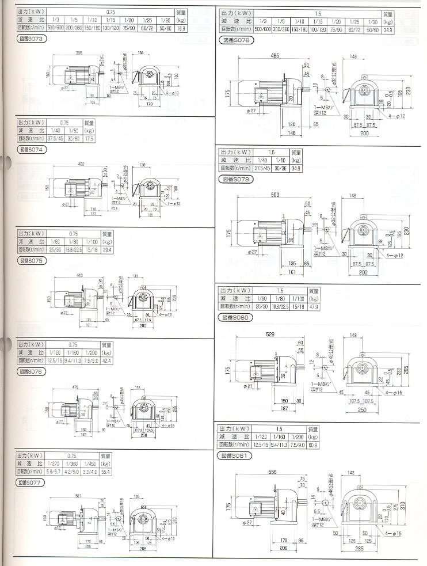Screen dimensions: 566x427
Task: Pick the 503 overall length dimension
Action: click(x=276, y=195)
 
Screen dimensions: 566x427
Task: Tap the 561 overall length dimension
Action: click(x=78, y=496)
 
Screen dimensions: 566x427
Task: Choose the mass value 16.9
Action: click(x=197, y=27)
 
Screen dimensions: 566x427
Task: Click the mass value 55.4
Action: click(x=105, y=472)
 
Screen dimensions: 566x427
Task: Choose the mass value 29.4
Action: click(x=107, y=250)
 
